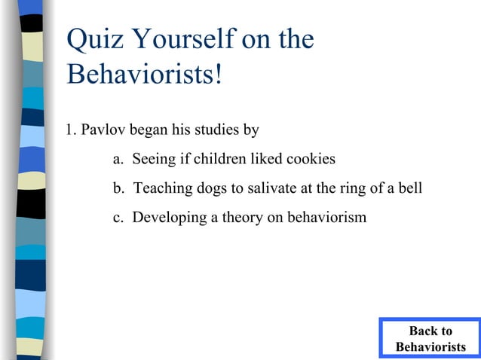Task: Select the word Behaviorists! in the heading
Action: (144, 75)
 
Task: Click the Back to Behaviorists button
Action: (430, 339)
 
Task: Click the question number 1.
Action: (69, 130)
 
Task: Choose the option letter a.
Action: (117, 160)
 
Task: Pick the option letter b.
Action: (118, 188)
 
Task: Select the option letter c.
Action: (117, 218)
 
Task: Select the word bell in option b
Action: (409, 188)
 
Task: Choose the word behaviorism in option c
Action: (325, 218)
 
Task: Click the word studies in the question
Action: (216, 130)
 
